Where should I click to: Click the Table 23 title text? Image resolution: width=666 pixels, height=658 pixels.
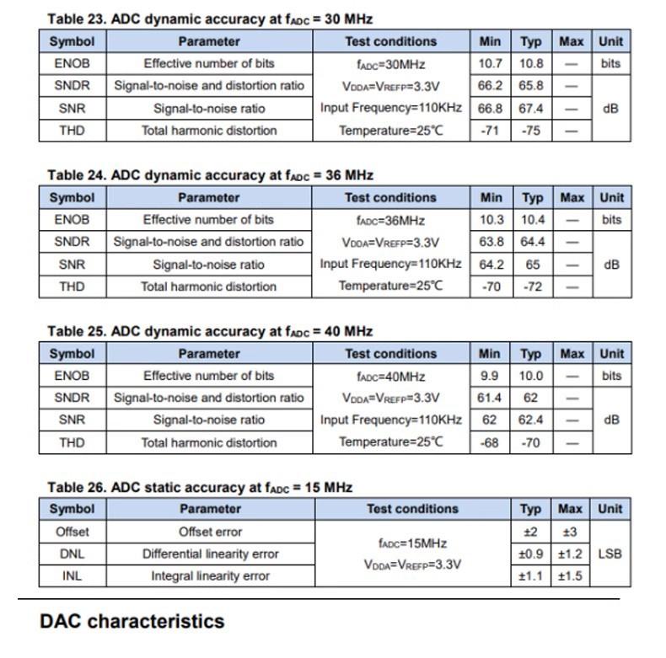coord(210,19)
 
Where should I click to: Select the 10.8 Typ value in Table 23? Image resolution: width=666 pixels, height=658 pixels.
coord(531,63)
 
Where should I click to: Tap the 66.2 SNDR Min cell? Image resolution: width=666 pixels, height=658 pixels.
coord(490,86)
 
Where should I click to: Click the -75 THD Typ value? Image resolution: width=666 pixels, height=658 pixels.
coord(531,131)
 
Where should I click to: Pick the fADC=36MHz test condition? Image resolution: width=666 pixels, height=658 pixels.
coord(390,221)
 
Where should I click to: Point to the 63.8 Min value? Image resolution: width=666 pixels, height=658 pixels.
coord(491,242)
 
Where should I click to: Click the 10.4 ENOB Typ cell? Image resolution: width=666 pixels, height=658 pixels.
coord(532,220)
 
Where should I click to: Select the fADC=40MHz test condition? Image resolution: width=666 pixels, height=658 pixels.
coord(390,377)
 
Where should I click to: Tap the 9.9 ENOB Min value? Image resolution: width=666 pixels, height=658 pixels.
coord(490,376)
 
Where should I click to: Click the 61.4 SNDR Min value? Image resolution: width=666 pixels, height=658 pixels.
coord(490,398)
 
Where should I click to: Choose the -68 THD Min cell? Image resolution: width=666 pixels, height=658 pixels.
coord(490,442)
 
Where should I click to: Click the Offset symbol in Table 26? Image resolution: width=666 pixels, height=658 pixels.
coord(73,532)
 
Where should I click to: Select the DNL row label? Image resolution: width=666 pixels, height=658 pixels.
coord(73,554)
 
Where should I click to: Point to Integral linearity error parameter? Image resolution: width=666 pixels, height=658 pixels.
coord(210,576)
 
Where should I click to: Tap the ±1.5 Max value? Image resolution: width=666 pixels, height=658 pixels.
coord(570,576)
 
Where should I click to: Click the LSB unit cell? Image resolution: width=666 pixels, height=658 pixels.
coord(610,554)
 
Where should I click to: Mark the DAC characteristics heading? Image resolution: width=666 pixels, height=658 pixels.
coord(132,622)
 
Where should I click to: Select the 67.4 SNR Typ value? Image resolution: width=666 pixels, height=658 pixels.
coord(531,108)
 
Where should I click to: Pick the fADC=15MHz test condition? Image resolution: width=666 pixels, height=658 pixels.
coord(412,543)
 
